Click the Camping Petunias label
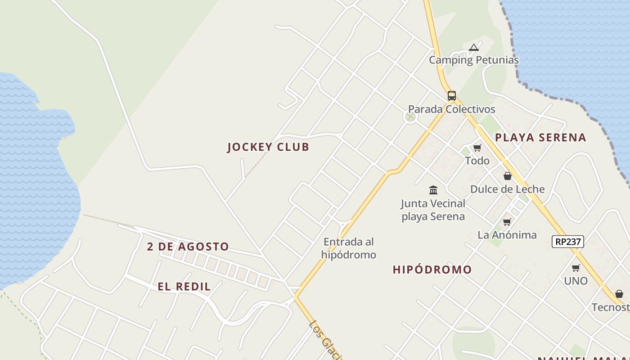pos(473,60)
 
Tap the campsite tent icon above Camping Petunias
pos(473,47)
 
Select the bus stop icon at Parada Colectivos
pos(451,96)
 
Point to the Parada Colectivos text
pos(451,109)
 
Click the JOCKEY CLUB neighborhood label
pos(268,147)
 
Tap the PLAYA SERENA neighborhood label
pos(540,138)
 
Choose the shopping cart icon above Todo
pos(477,148)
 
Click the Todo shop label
pos(477,161)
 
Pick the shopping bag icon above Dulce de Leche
pos(507,176)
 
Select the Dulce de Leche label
pos(507,189)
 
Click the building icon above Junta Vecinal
pos(433,190)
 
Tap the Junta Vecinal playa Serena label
pos(433,210)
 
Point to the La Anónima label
pos(507,235)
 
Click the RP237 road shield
pos(567,242)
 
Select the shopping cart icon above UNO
pos(576,268)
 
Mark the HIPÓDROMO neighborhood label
pos(432,270)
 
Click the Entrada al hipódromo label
pos(348,248)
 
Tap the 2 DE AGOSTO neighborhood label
pos(188,247)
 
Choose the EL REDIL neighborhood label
pos(184,287)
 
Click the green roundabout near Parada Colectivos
pos(410,117)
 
